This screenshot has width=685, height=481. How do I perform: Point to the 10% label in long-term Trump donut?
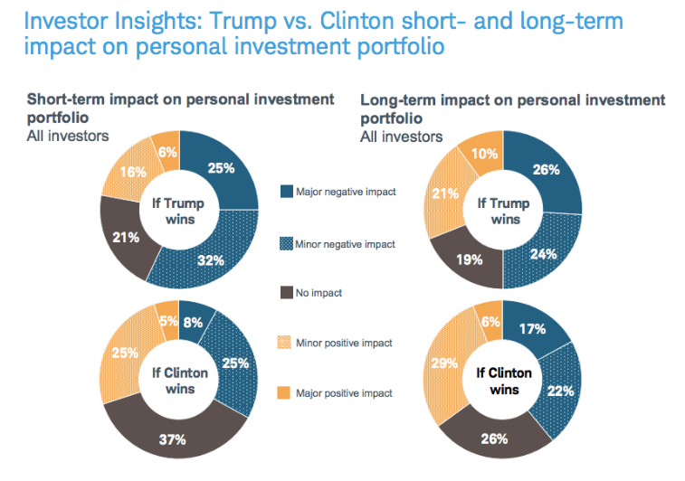tap(485, 154)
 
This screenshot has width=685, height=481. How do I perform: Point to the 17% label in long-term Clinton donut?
tap(531, 329)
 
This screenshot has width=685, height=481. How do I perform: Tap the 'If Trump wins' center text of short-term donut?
tap(179, 211)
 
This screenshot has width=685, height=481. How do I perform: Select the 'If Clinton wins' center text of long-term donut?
tap(505, 382)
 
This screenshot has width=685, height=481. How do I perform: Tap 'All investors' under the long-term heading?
tap(402, 137)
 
